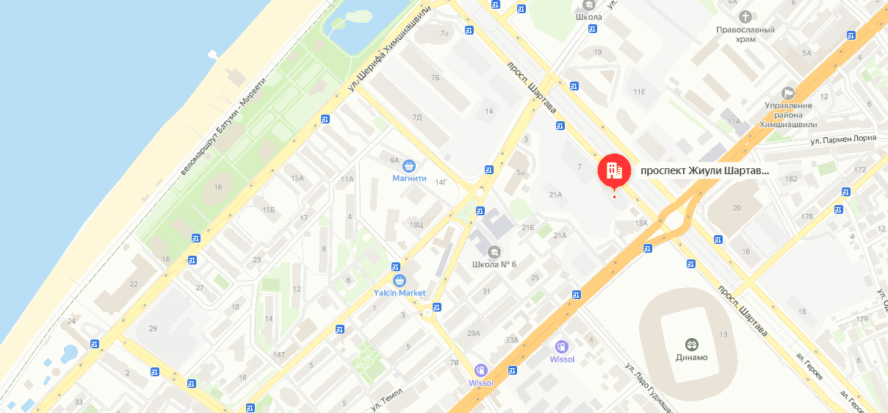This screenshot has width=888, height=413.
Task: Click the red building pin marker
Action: pos(614,170)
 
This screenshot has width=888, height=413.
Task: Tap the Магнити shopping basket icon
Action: pos(409,166)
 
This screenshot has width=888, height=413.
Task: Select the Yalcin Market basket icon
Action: pos(400,281)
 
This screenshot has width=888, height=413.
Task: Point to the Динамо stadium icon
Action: pos(691,344)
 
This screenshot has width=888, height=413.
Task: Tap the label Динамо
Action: pos(691,358)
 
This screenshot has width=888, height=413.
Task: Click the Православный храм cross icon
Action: pos(746,16)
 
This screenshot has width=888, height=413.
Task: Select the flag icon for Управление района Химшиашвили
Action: pos(788,93)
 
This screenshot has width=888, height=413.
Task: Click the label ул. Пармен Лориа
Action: pos(843,139)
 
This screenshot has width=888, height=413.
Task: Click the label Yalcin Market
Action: pos(400,293)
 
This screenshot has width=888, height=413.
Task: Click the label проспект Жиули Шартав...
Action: pos(704,171)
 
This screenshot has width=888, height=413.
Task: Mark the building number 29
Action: pos(152,328)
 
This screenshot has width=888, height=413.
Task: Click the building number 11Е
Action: pos(638,91)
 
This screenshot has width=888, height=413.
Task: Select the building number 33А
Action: pos(512,340)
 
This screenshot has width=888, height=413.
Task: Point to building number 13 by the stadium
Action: pos(723,334)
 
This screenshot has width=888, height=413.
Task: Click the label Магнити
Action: pos(409,178)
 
